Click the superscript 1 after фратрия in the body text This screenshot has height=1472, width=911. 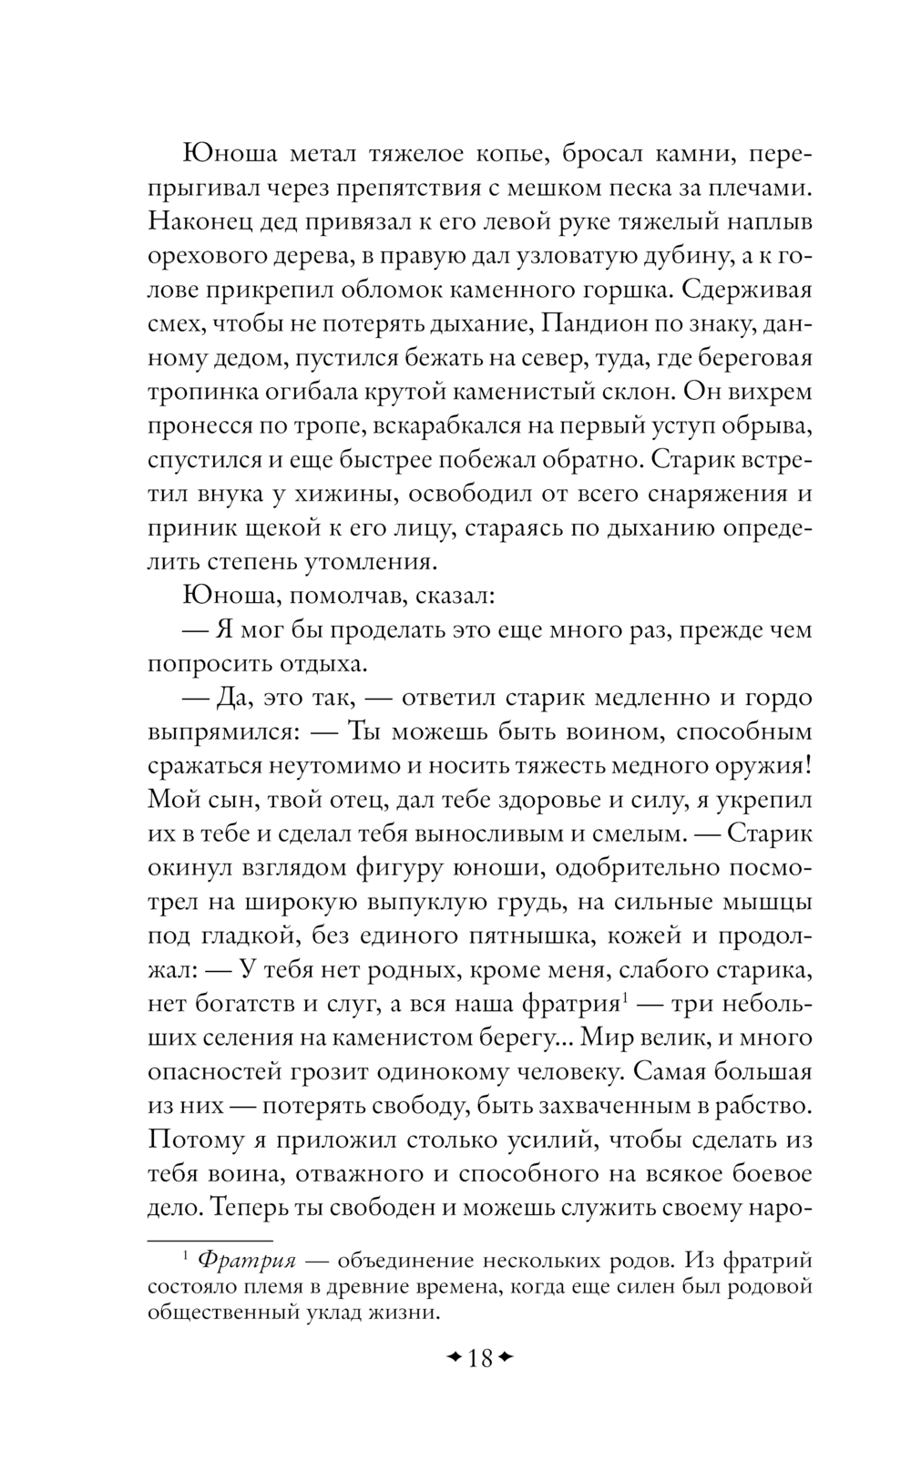pyautogui.click(x=625, y=997)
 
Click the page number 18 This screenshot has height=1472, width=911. pyautogui.click(x=479, y=1359)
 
